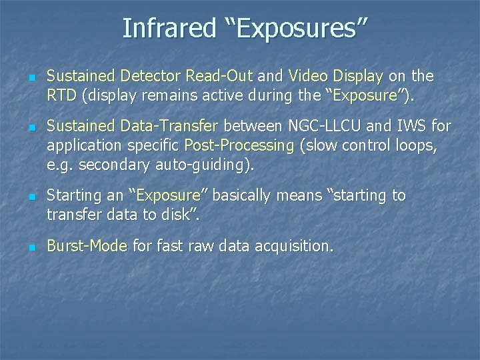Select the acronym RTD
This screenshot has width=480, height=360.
coord(62,96)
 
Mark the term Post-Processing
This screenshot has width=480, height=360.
coord(239,145)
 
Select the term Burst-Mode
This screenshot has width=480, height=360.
coord(87,246)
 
